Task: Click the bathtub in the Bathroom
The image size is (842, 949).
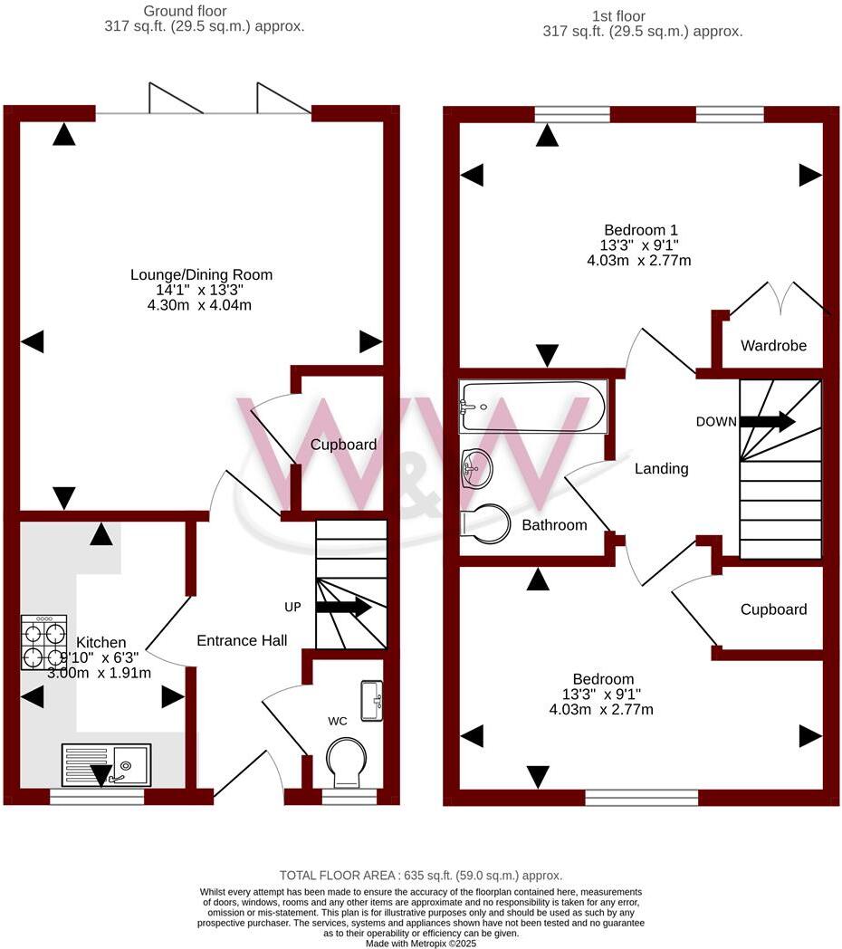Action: (532, 407)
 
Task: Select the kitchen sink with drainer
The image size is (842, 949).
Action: (108, 764)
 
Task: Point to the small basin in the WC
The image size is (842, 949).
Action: (372, 700)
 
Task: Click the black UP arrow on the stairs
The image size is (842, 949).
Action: (343, 607)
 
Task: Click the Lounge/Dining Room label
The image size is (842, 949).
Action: (201, 274)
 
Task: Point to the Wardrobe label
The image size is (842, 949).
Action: (773, 345)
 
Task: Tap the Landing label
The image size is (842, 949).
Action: (661, 468)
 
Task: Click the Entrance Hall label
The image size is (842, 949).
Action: (242, 640)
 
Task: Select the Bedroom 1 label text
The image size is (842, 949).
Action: (641, 230)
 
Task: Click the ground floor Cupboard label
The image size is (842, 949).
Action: (343, 445)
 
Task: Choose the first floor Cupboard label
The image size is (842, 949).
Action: (773, 609)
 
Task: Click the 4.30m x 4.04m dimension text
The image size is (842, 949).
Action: (201, 305)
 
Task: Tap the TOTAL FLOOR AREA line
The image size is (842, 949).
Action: (420, 875)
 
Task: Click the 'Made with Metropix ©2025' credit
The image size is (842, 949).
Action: (420, 943)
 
